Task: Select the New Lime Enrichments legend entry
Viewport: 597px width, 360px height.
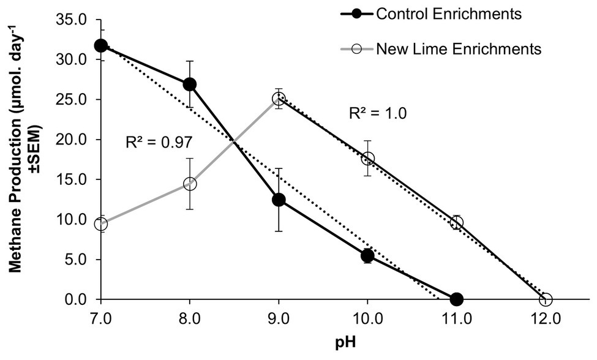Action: coord(458,49)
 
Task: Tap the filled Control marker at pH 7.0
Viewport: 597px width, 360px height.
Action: coord(101,46)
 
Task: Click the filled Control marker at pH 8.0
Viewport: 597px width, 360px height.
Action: coord(190,84)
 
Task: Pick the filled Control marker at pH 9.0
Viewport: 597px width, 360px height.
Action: coord(279,200)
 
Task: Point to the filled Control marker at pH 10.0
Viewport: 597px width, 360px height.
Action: coord(367,255)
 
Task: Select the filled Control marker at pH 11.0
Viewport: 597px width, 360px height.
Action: coord(456,299)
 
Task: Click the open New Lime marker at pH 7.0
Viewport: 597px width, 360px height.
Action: coord(101,224)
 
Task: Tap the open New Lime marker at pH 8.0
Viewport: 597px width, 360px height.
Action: coord(190,184)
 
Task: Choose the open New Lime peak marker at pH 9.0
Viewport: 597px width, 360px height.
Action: coord(279,99)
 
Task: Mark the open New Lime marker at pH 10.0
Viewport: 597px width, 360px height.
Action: coord(367,159)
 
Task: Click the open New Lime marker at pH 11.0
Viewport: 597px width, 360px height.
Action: coord(456,222)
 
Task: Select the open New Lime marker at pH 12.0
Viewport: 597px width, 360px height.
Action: coord(546,299)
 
